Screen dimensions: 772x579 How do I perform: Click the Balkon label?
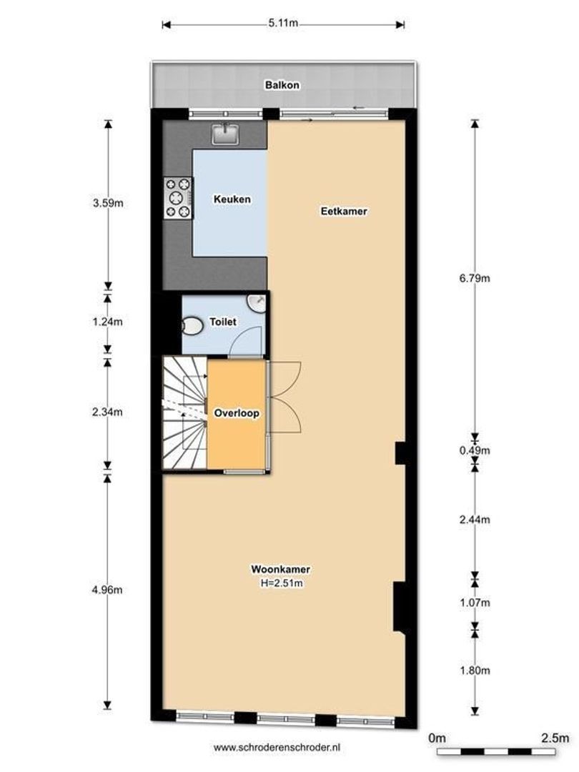tap(282, 85)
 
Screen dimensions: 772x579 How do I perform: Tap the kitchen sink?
tap(228, 132)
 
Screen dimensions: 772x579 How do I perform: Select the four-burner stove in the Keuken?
tap(179, 197)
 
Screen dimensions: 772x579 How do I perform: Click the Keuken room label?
tap(232, 199)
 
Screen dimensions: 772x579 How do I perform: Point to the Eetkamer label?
tap(339, 212)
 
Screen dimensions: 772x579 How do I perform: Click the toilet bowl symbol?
tap(192, 327)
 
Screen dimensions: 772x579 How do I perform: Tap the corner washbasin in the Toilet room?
tap(257, 303)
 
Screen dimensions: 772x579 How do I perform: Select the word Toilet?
tap(222, 323)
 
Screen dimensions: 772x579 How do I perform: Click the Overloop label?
tap(236, 413)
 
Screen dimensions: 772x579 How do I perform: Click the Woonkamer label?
tap(279, 570)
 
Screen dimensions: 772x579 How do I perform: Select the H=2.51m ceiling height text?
tap(279, 583)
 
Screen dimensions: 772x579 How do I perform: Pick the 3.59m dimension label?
tap(108, 203)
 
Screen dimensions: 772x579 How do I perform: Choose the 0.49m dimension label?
tap(474, 450)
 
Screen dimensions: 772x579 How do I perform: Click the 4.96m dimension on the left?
tap(108, 590)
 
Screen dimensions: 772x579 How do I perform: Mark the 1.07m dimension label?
tap(474, 603)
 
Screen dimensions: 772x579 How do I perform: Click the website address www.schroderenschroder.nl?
tap(277, 747)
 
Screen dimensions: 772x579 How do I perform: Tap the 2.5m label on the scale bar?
tap(554, 738)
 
